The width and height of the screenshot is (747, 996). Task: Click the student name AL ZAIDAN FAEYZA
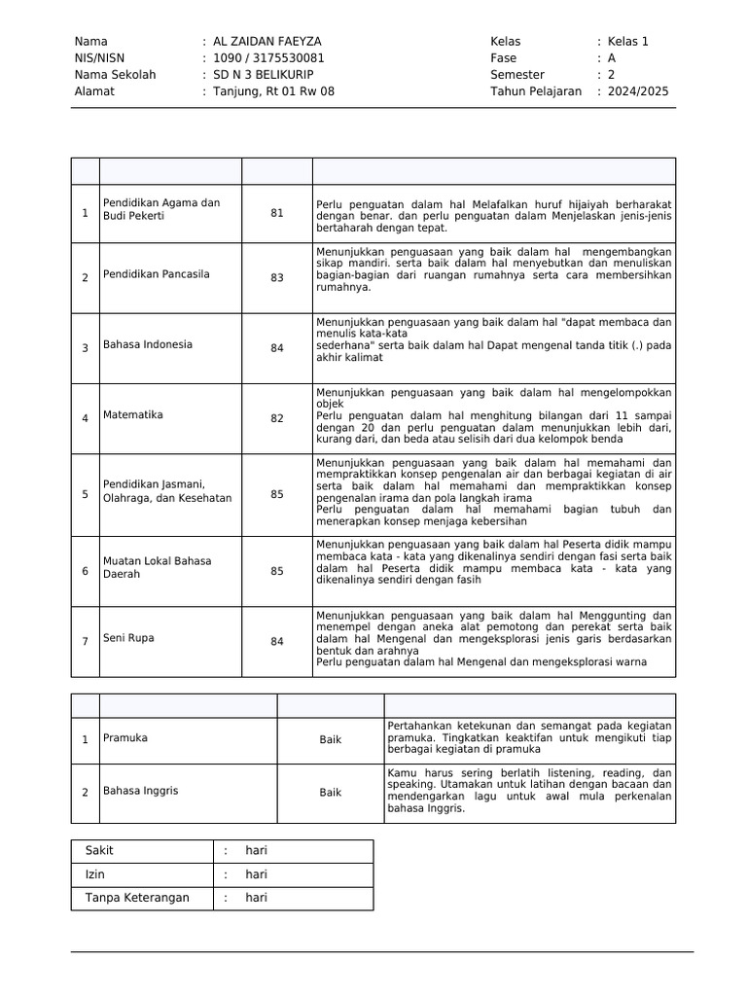pos(267,42)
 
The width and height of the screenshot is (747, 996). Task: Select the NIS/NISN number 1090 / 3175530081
pos(268,58)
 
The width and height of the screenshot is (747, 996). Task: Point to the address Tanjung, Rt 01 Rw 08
pos(273,91)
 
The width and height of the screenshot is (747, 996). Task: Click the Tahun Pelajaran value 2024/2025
pos(638,91)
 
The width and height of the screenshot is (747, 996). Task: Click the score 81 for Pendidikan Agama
pos(277,214)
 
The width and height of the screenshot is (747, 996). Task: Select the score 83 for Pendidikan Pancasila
pos(277,277)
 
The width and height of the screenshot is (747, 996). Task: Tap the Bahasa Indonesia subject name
pos(148,345)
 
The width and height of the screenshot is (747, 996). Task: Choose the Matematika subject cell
pos(133,415)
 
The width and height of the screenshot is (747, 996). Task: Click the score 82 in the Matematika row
pos(277,418)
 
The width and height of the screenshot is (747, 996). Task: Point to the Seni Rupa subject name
pos(128,639)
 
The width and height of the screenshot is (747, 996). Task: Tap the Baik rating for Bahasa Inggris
pos(331,793)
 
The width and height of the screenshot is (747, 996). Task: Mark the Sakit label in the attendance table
pos(100,851)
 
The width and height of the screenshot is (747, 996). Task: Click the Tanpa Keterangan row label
pos(137,898)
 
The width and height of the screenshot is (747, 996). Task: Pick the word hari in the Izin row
pos(256,874)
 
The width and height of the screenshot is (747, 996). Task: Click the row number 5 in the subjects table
pos(85,494)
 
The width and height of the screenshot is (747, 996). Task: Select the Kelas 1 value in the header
pos(628,42)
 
